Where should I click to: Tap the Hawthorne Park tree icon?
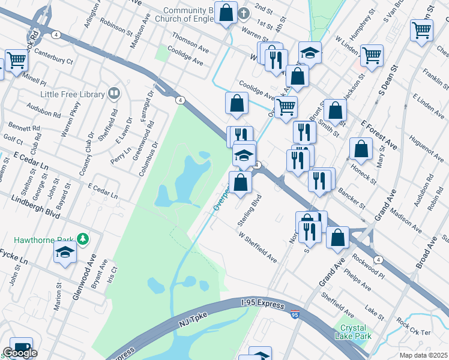[x=83, y=240]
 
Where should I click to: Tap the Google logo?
[x=20, y=353]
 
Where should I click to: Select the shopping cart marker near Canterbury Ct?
[x=16, y=60]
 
